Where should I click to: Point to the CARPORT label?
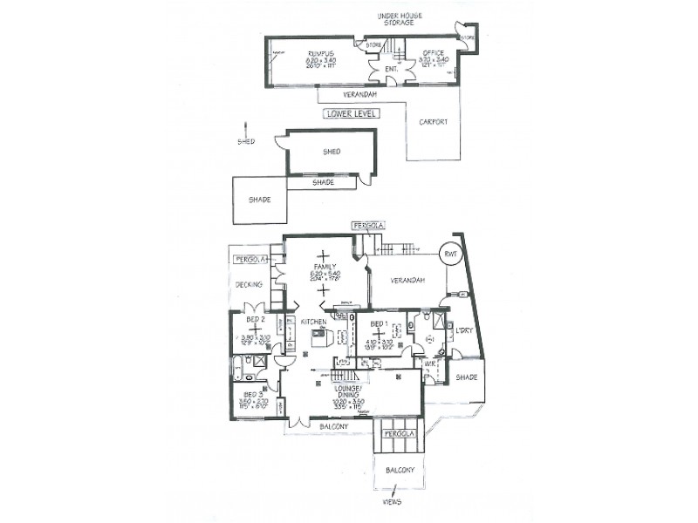[434, 122]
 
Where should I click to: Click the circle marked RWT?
[451, 254]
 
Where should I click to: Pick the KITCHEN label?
[313, 323]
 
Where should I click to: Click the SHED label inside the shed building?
[332, 152]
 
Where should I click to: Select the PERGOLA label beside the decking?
[249, 259]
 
